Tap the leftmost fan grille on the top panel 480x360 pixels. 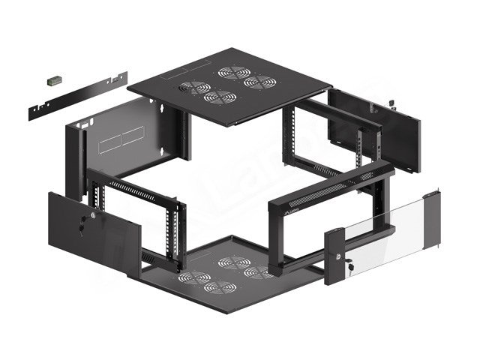click(195, 88)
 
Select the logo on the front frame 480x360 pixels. click(289, 213)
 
